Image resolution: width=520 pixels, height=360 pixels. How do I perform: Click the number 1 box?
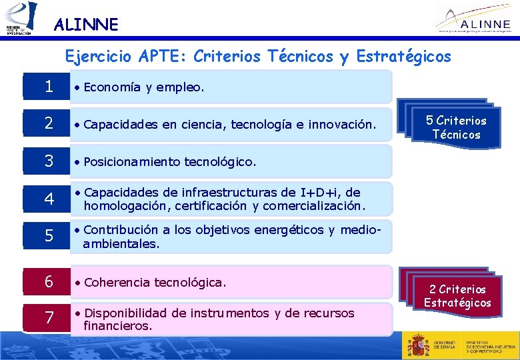(49, 87)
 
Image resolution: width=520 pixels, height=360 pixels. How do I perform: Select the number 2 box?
(49, 123)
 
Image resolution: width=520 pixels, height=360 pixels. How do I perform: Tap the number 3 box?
(49, 161)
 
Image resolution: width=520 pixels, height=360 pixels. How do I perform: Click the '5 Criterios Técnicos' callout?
(456, 127)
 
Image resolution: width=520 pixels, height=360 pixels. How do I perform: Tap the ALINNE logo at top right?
(475, 18)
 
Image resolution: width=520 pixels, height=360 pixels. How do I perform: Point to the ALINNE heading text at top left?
(85, 25)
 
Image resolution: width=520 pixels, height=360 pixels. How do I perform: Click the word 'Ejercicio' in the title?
(94, 57)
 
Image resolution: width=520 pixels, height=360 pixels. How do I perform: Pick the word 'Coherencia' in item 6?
(117, 282)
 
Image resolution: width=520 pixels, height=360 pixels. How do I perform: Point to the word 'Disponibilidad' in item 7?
(127, 313)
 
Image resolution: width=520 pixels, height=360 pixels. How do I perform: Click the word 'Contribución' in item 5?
(121, 230)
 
